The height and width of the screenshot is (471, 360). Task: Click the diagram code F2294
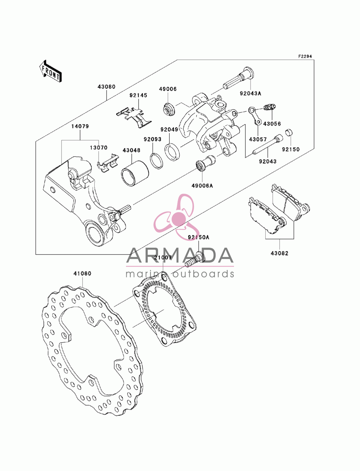[305, 56]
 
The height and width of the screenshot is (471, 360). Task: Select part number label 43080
[107, 87]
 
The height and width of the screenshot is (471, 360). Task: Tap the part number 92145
[138, 95]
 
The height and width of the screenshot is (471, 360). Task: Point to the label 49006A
[202, 186]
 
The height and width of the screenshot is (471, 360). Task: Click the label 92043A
[251, 93]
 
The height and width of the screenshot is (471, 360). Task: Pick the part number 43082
[279, 253]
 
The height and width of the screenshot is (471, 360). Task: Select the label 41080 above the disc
[82, 273]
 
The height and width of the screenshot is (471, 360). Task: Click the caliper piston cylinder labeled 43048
[135, 173]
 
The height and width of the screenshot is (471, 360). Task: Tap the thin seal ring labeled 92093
[156, 160]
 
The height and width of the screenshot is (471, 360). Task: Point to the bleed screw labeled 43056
[270, 107]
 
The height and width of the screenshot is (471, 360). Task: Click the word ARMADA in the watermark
[180, 256]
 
